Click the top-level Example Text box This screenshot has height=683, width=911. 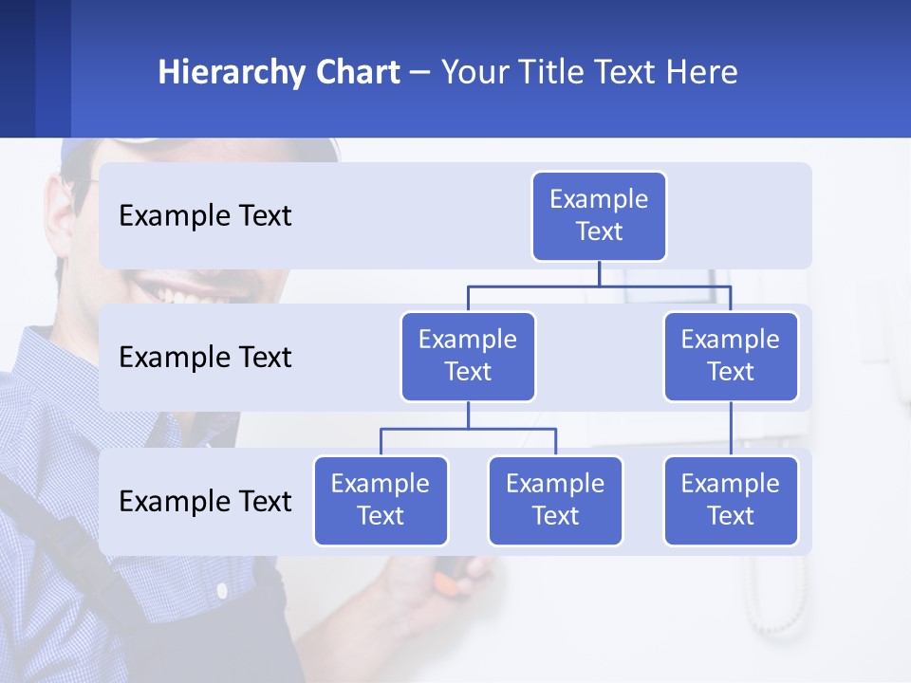point(599,215)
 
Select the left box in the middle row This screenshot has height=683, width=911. point(468,356)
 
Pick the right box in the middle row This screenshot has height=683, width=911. point(731,356)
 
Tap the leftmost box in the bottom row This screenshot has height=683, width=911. point(381,500)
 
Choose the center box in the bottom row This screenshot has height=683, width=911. point(555,500)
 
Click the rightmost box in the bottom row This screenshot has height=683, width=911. point(731,500)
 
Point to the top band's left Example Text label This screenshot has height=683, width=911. point(205,216)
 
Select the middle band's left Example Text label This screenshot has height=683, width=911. point(205,358)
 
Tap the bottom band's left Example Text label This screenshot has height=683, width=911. point(205,501)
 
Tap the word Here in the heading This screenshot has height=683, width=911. point(703,72)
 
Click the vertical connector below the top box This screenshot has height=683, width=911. point(599,273)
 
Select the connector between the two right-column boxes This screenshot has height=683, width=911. point(731,428)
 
